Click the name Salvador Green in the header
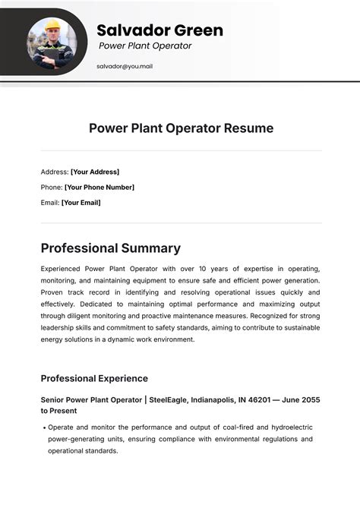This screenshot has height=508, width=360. pos(159,30)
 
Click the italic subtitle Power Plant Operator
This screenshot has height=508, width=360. pos(145,46)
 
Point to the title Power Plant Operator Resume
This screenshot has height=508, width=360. pos(181,128)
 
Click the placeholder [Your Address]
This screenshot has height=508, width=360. pos(95,172)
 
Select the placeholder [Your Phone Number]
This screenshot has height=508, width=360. pos(99,187)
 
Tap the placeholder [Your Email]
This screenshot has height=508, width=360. pos(81,203)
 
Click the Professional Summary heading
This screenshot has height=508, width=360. pos(111,248)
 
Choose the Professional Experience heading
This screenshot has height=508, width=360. pos(94,378)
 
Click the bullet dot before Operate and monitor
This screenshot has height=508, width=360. pos(43,428)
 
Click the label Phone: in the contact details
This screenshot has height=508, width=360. pos(52,187)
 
